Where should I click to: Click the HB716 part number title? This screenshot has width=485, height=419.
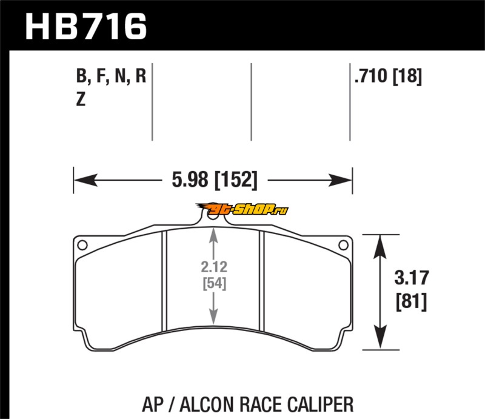[x=85, y=27]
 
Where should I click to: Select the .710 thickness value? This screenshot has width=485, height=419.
[x=371, y=76]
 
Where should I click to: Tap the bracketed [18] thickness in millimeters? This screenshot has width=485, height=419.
[x=407, y=76]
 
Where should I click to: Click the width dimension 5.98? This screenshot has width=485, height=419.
[x=190, y=180]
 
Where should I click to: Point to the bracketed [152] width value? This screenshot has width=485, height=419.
[x=236, y=180]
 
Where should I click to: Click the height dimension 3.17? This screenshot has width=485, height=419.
[x=412, y=278]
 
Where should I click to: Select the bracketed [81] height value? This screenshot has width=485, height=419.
[x=412, y=301]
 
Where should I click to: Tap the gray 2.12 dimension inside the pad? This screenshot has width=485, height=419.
[x=214, y=267]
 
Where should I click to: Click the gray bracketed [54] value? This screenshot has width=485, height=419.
[x=215, y=283]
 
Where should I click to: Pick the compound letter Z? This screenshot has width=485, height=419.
[x=81, y=99]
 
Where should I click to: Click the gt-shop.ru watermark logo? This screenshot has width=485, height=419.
[x=242, y=209]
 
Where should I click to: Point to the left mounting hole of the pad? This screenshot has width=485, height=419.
[x=82, y=245]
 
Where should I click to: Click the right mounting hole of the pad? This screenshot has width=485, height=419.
[x=343, y=245]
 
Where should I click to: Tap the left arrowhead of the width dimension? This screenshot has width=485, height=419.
[x=86, y=180]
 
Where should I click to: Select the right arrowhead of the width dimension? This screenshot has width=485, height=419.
[x=340, y=180]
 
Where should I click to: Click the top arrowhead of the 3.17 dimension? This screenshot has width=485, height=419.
[x=380, y=247]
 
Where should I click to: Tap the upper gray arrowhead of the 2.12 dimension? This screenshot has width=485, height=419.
[x=213, y=235]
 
